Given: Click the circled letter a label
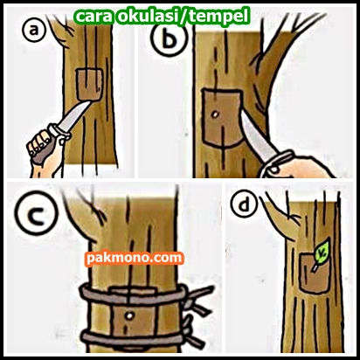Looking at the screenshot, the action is [34, 30].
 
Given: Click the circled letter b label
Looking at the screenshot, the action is [168, 39].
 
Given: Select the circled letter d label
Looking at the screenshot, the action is [244, 203].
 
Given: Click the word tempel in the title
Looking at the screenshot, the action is [219, 17].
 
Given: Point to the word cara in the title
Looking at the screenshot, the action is [93, 17].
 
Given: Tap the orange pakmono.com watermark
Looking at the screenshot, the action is [135, 258].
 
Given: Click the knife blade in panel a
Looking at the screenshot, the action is [74, 114].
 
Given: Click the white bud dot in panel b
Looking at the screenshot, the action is [215, 114].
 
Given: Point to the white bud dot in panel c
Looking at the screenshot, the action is [129, 315].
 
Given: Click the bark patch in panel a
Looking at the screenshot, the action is [89, 84].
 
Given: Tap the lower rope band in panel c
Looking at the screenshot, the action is [133, 338].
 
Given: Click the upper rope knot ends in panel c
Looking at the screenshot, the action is [198, 299].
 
